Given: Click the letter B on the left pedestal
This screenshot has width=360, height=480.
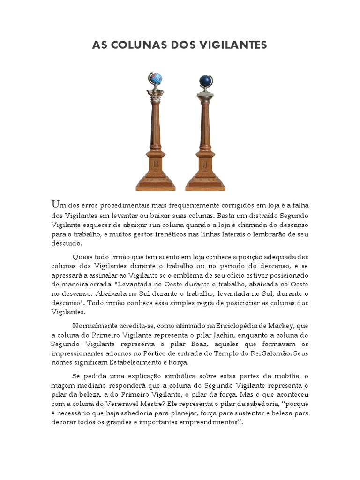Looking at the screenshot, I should click(x=155, y=165).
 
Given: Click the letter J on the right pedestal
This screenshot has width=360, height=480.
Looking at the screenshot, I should click(x=205, y=165).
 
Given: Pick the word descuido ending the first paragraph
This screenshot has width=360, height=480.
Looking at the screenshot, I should click(x=66, y=244).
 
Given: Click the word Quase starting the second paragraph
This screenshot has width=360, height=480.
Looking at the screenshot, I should click(x=83, y=257).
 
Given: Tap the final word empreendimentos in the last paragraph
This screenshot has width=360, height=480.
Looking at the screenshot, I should click(x=201, y=422).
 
